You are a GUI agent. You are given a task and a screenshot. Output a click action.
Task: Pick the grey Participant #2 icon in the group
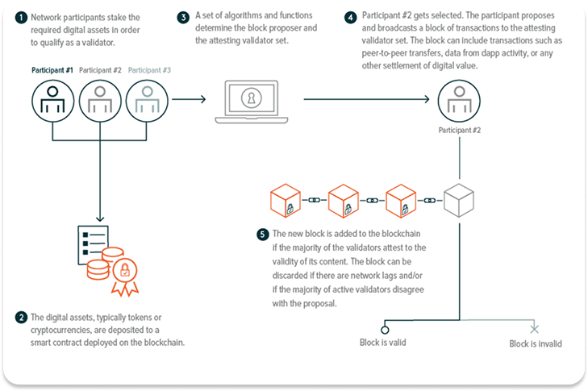(99, 99)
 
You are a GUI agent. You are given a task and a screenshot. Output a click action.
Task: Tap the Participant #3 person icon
(146, 99)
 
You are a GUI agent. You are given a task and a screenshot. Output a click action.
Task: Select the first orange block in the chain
(286, 200)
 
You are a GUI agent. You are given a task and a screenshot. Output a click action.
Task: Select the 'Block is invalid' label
(535, 343)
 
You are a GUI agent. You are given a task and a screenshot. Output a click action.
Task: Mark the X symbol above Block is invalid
(534, 329)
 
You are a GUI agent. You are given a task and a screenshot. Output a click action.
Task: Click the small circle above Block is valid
(385, 329)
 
